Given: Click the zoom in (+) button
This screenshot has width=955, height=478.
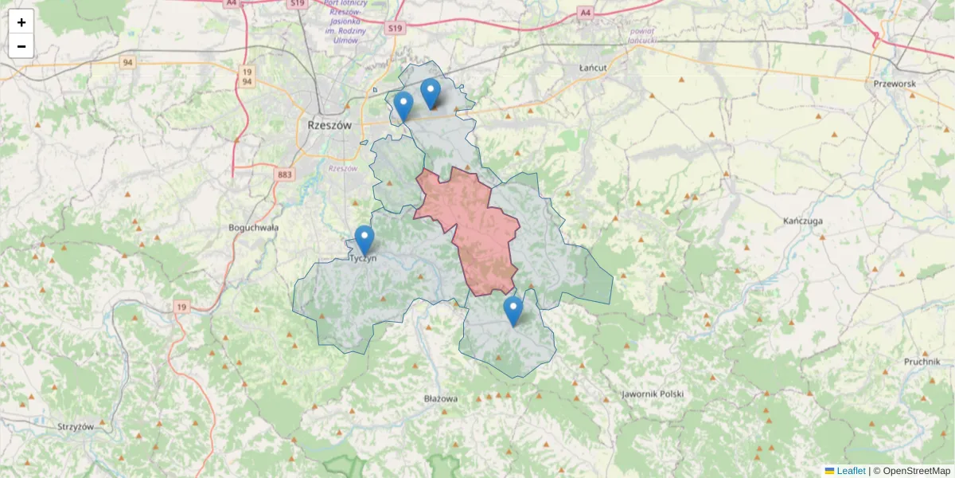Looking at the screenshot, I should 21,22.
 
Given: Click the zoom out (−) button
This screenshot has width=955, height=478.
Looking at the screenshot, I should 21,46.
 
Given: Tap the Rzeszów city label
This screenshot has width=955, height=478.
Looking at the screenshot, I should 329,125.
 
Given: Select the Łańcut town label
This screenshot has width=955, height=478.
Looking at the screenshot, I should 593,68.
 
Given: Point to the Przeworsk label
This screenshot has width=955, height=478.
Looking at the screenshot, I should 895,84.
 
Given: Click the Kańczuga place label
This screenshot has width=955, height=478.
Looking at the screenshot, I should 802,220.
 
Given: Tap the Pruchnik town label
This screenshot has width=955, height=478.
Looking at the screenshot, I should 922,361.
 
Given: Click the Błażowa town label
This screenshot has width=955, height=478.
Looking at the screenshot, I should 441,398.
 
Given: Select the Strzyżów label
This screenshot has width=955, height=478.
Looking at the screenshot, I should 76,426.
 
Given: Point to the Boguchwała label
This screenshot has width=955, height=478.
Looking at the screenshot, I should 254,227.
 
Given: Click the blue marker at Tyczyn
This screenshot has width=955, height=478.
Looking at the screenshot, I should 364,240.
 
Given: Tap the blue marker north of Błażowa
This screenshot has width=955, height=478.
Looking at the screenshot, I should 513,311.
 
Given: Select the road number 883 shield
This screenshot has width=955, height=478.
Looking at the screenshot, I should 285,174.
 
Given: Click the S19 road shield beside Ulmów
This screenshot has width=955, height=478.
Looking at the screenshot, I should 396,28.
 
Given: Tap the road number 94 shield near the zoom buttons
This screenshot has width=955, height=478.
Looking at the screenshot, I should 127,61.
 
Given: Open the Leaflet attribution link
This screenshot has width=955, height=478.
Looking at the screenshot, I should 850,471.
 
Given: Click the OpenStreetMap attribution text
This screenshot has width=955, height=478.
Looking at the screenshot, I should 917,471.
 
